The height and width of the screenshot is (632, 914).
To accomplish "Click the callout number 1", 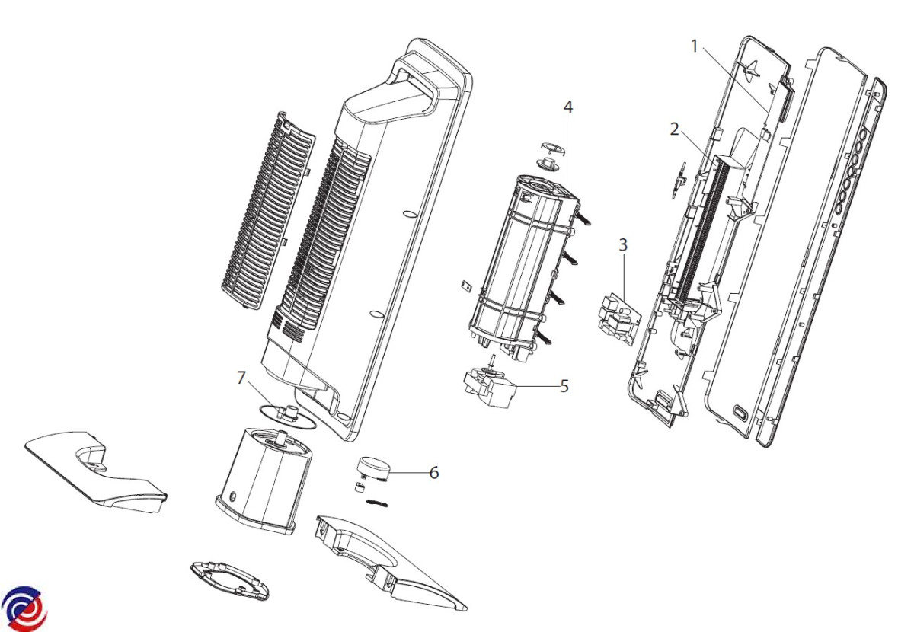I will [x=694, y=46].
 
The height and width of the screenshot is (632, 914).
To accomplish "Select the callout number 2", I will [x=674, y=129].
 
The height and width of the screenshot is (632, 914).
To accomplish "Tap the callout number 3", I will [x=623, y=244].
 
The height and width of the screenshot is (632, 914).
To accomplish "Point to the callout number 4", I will [x=567, y=107].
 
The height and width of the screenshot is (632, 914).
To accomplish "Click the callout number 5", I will [x=564, y=385].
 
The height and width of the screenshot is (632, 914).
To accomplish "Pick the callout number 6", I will [x=434, y=472].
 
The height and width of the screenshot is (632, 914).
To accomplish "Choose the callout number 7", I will [x=241, y=377].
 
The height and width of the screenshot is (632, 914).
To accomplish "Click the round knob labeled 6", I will [x=375, y=466].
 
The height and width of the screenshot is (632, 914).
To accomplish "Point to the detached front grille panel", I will [x=267, y=213].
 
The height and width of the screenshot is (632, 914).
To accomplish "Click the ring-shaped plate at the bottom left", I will [x=228, y=579].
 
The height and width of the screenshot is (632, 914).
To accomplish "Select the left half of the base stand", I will [x=95, y=472].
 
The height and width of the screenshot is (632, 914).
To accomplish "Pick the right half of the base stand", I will [x=388, y=563].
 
